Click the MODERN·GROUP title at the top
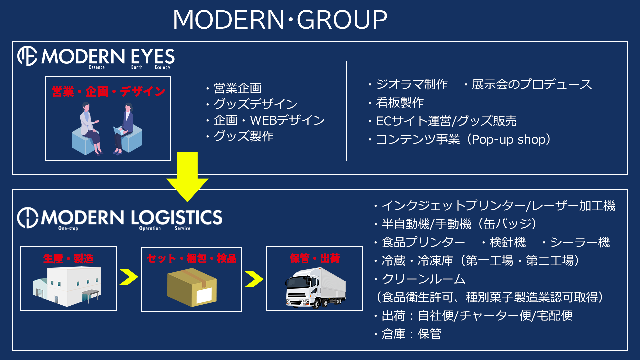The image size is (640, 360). tap(280, 19)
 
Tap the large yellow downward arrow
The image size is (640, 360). tap(187, 177)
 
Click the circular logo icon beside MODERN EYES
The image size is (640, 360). tap(27, 56)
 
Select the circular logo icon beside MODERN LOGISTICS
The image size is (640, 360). tap(28, 218)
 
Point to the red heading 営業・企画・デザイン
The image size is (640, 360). tap(108, 91)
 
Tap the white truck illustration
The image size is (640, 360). tap(315, 288)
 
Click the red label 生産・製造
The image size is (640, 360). tap(68, 258)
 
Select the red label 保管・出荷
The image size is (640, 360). tap(315, 258)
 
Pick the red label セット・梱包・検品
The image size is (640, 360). tap(192, 258)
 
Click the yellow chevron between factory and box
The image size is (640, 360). tap(129, 277)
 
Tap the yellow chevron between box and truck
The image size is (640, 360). tap(254, 279)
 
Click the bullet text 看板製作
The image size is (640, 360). tap(400, 103)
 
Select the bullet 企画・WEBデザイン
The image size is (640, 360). tap(269, 120)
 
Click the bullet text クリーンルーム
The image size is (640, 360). tap(423, 279)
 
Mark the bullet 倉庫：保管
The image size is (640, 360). tap(411, 334)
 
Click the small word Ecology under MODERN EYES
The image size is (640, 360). tap(162, 67)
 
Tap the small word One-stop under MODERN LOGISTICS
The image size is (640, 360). tap(68, 228)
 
